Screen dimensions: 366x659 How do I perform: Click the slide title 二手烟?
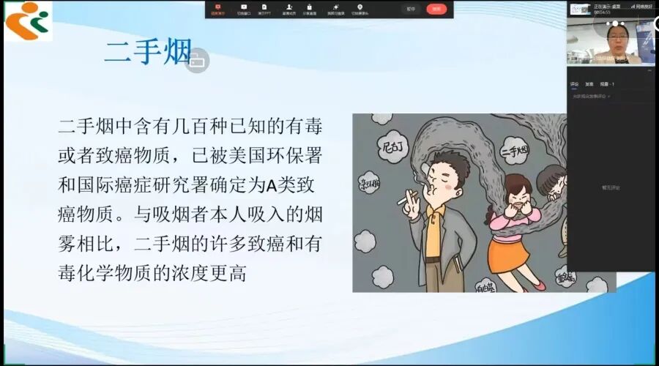pos(147,52)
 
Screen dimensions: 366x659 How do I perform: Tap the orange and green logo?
pos(28,20)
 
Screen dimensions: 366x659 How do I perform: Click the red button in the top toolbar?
pos(436,9)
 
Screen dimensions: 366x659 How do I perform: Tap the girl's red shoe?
pos(539,285)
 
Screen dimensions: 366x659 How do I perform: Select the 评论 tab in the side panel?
pos(575,84)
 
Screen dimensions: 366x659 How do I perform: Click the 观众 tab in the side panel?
pos(607,84)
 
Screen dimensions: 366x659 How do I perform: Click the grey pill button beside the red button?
pos(411,9)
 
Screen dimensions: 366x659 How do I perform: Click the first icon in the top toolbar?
pos(217,9)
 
